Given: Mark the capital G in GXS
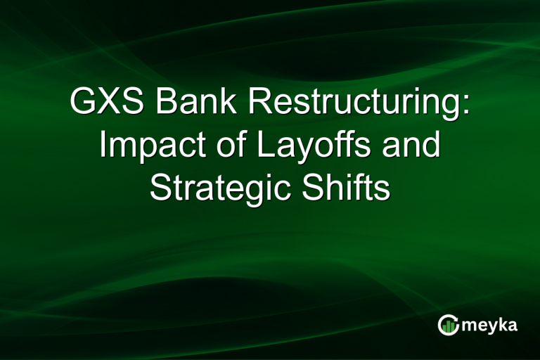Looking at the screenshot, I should click(82, 103).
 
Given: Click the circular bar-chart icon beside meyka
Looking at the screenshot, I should click(448, 325).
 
